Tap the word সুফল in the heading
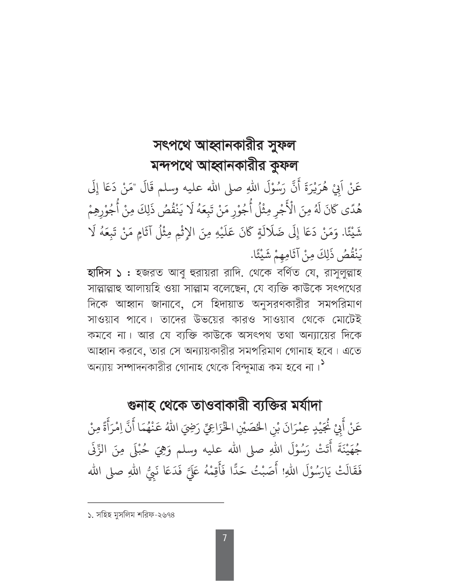pos(279,146)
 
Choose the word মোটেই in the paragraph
pos(344,320)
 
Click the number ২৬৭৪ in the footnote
pos(166,515)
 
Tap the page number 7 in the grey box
pos(224,538)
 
